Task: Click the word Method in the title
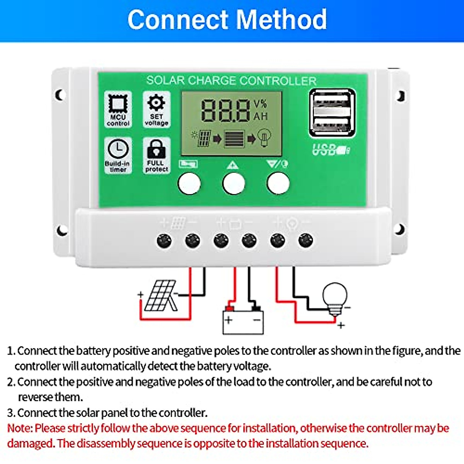coord(281,20)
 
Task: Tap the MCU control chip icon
coord(118,103)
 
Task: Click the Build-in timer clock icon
coord(118,149)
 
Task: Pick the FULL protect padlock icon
coord(156,148)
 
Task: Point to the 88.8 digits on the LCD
coord(225,111)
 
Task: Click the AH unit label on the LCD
coord(261,116)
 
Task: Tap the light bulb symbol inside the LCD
coord(265,138)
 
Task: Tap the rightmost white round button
coord(278,183)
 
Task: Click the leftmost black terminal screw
coord(164,241)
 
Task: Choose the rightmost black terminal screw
coord(305,241)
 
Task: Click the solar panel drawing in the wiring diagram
coord(160,296)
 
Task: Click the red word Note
coord(19,428)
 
